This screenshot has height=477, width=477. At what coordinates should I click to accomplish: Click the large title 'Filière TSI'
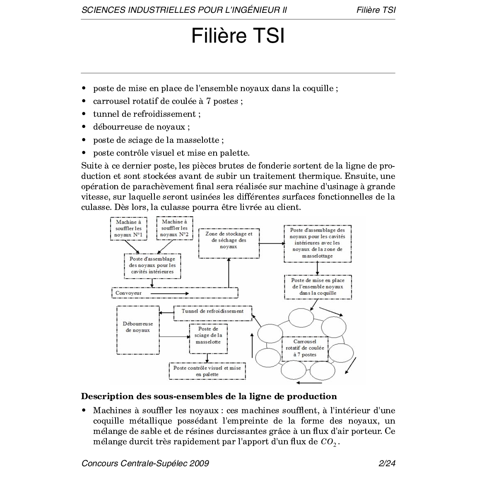(238, 36)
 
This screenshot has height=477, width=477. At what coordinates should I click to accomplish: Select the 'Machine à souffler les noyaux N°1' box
(129, 229)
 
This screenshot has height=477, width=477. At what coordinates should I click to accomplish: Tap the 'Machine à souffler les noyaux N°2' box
(174, 229)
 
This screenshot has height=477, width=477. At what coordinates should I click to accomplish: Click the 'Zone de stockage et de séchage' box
(229, 243)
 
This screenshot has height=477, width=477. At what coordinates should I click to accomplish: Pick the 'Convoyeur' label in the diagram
(128, 293)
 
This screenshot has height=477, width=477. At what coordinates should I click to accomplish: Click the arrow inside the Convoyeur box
(170, 293)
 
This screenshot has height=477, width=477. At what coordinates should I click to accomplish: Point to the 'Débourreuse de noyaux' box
(138, 330)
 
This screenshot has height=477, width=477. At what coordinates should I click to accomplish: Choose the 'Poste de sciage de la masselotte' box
(208, 338)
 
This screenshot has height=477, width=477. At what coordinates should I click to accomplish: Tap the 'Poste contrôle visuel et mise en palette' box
(207, 371)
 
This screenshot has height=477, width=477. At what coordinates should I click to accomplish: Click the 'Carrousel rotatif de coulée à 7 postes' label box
(305, 348)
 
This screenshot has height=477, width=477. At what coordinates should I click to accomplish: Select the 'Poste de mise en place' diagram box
(318, 287)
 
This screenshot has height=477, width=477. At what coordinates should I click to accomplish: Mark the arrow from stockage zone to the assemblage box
(272, 243)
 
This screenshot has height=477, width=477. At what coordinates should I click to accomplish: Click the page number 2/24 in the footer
(387, 463)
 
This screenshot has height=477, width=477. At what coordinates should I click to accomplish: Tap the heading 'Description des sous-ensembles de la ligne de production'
(209, 396)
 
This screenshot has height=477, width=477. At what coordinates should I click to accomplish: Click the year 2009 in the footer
(199, 463)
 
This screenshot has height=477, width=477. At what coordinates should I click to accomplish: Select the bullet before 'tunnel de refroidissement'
(84, 114)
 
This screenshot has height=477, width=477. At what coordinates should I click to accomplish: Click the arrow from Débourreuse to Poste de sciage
(174, 337)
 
